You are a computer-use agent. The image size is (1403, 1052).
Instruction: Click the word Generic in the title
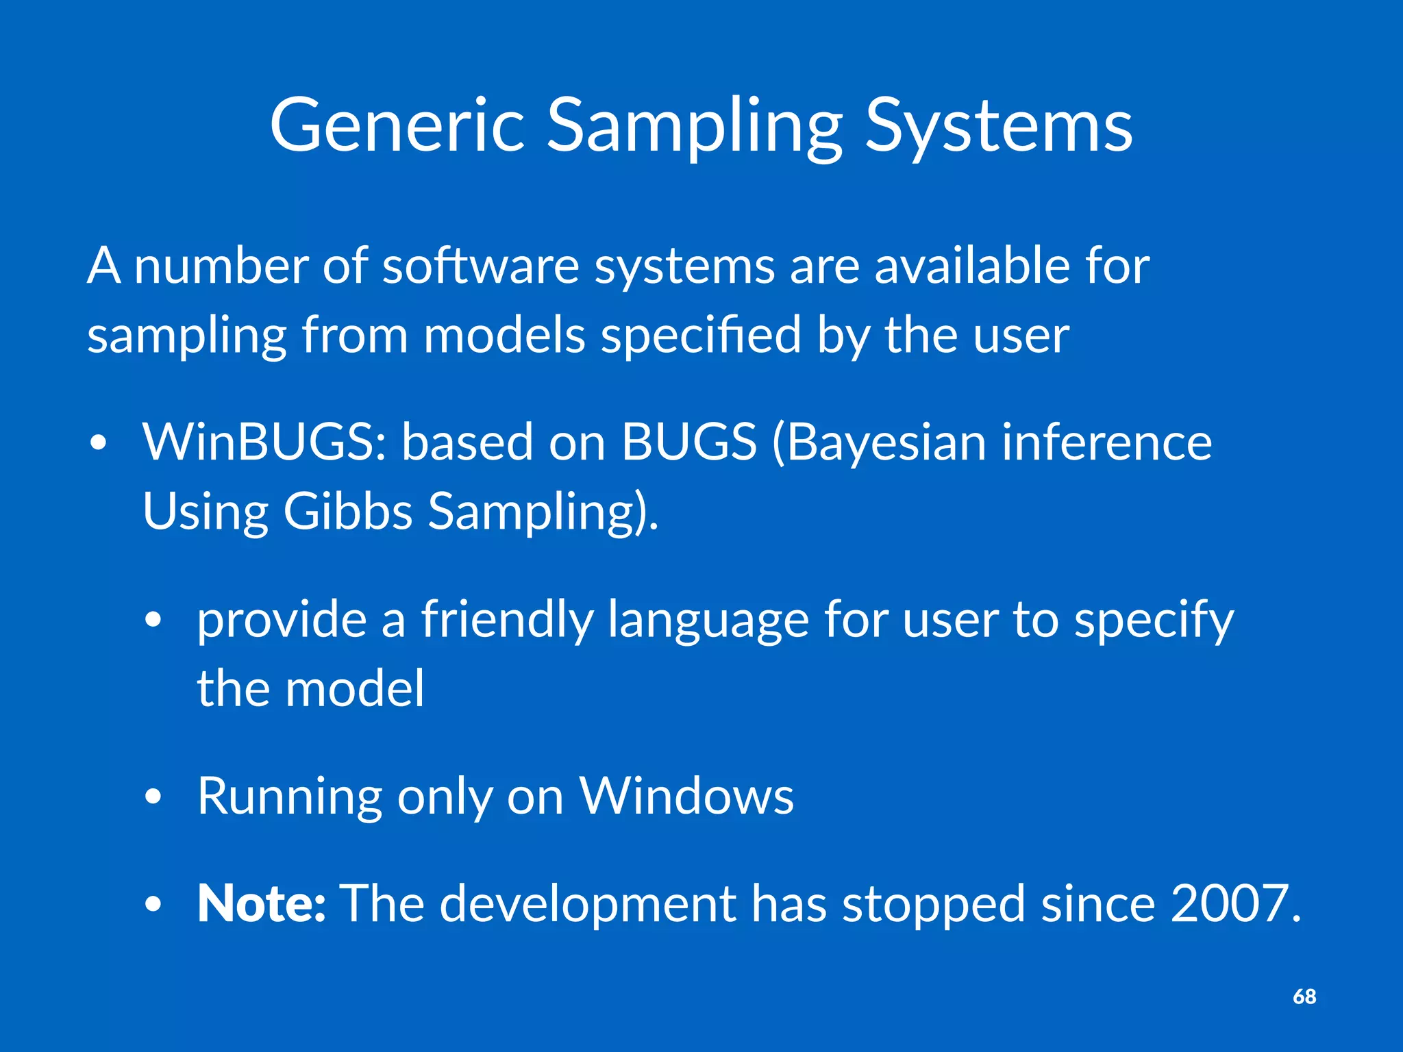[397, 127]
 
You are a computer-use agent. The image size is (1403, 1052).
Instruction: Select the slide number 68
[1304, 997]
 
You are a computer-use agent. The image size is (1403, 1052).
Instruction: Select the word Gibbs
[348, 512]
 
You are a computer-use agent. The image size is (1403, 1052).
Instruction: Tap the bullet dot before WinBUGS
[99, 444]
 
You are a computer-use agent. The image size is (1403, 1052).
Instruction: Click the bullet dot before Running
[153, 797]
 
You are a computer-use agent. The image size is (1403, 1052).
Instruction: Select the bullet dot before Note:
[153, 905]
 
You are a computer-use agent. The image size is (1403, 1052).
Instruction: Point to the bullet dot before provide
[153, 621]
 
